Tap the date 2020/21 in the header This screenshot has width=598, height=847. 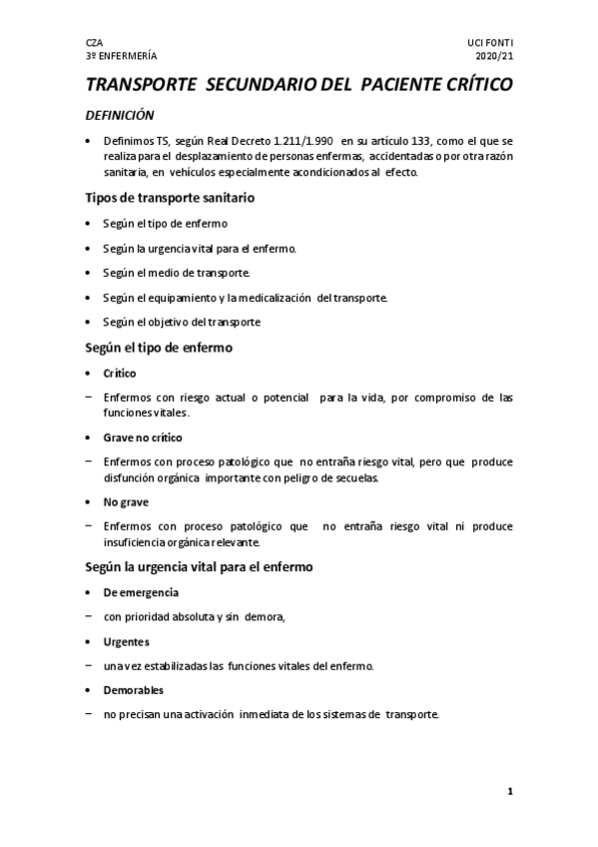[x=496, y=57]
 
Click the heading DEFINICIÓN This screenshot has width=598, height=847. [x=119, y=116]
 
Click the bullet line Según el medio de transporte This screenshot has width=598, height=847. [x=177, y=273]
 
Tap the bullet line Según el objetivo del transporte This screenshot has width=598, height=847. [x=182, y=322]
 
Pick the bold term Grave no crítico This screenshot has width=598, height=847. [x=143, y=437]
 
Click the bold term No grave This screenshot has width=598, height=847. [x=126, y=501]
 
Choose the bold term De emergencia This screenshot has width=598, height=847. [x=141, y=592]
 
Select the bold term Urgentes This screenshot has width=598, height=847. [x=126, y=641]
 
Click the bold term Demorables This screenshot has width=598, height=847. [x=133, y=690]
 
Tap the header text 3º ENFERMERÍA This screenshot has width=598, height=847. [x=121, y=57]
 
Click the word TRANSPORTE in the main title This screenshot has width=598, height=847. [x=142, y=86]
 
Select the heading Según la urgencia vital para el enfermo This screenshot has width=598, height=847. [x=200, y=566]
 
